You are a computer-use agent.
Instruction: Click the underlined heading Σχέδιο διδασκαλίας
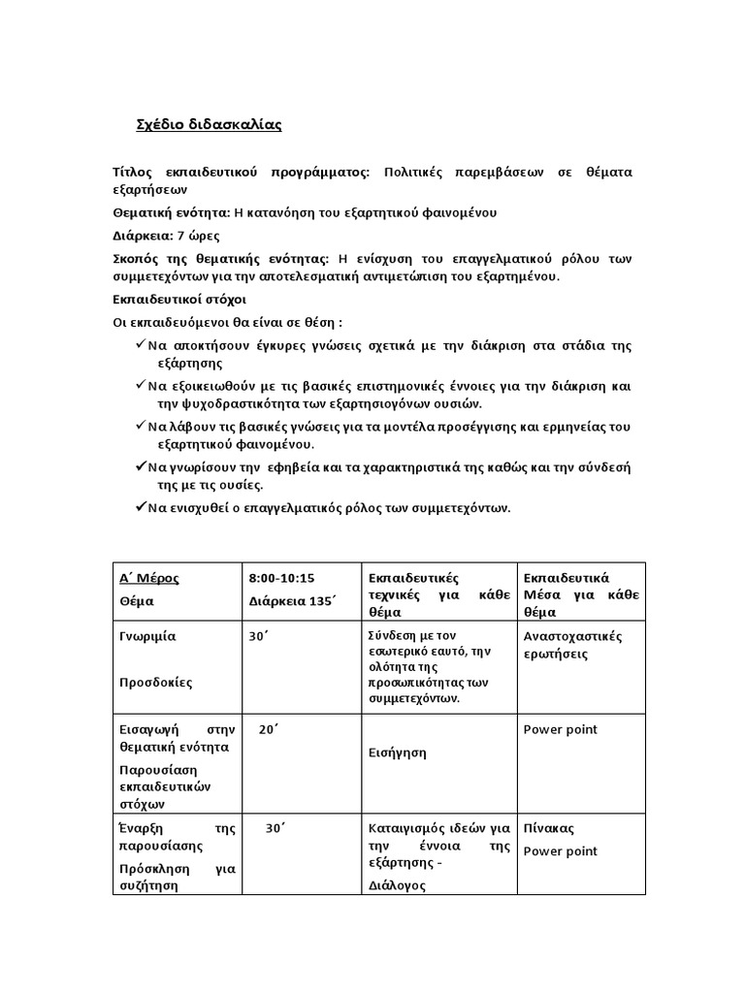point(208,125)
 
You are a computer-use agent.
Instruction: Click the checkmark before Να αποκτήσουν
point(142,345)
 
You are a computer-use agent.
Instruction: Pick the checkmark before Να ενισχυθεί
point(142,507)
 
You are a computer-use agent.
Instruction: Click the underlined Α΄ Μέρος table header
point(148,579)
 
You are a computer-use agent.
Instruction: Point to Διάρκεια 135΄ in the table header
point(291,601)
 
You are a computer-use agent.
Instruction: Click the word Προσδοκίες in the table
point(156,682)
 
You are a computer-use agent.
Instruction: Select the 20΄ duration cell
point(269,729)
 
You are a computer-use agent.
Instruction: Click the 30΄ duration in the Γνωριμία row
point(260,636)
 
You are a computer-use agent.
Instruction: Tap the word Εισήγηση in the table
point(398,752)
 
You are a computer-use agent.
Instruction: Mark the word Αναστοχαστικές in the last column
point(572,636)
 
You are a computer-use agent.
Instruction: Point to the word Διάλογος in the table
point(398,885)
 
